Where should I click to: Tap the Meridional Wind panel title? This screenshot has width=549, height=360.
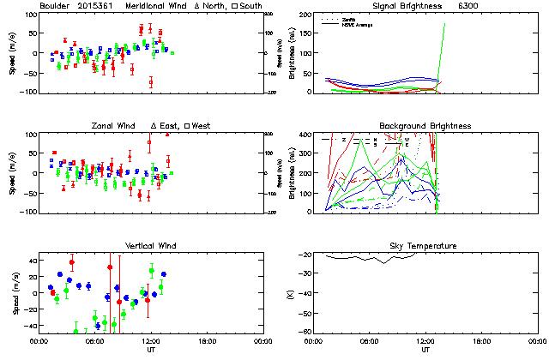click(x=150, y=6)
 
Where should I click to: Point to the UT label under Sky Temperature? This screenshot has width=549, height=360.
click(x=425, y=351)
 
